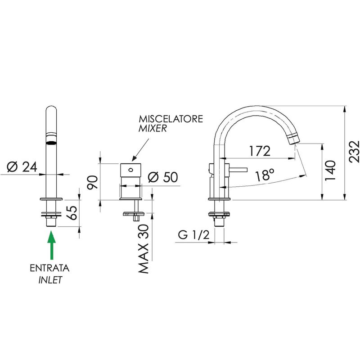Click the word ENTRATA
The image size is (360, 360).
click(49, 268)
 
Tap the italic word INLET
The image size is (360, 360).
click(50, 280)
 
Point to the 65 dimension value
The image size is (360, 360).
click(72, 213)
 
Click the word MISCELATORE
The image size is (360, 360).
click(171, 119)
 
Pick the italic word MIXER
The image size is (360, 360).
click(153, 128)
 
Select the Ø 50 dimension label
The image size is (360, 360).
click(163, 177)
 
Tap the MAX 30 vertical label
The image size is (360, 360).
click(144, 249)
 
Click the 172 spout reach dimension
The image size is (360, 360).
click(260, 151)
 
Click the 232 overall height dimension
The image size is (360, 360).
click(354, 152)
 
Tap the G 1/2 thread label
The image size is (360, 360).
click(194, 234)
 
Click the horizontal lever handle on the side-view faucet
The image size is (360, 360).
click(238, 170)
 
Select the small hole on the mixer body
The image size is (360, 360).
click(131, 170)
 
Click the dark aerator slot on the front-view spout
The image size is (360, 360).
click(51, 143)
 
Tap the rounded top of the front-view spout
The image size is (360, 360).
click(51, 108)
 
